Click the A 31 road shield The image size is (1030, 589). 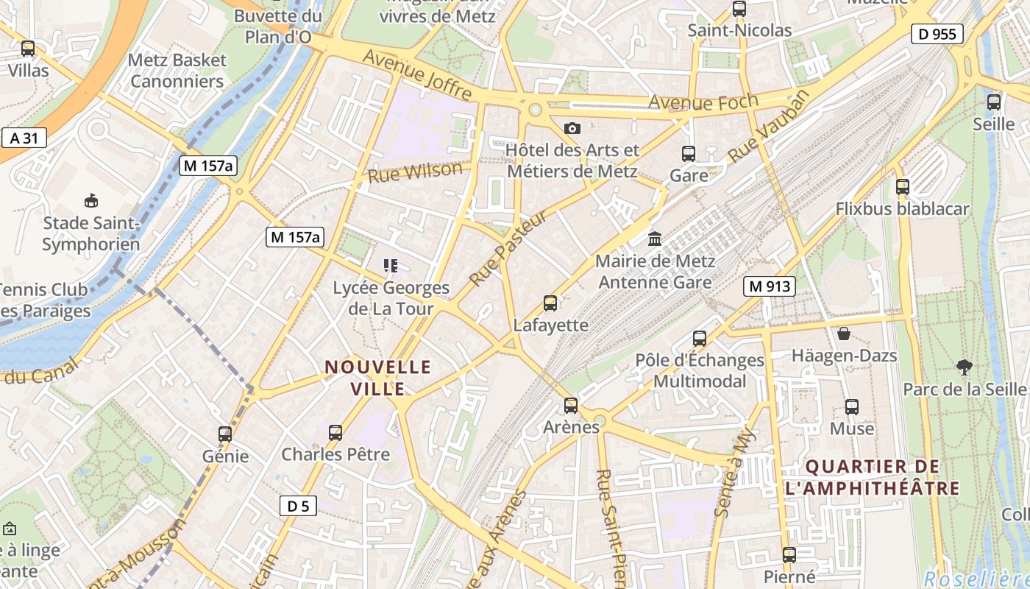[24, 137]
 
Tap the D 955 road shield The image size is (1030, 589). [937, 34]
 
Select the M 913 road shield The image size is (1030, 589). [770, 286]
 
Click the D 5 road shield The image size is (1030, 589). [298, 506]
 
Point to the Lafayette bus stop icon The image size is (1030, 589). [550, 303]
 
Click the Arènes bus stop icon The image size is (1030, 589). [570, 406]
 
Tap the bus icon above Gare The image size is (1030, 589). [689, 154]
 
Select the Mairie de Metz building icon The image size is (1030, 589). [654, 239]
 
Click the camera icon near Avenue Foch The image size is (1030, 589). [572, 129]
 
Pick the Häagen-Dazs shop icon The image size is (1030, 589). [844, 334]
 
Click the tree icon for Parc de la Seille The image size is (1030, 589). [963, 367]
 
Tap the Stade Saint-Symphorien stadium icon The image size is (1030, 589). [90, 201]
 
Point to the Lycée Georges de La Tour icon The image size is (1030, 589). [390, 266]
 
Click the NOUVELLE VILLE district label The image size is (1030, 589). [378, 377]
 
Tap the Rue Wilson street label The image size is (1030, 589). [415, 172]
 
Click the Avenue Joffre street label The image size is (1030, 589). [417, 75]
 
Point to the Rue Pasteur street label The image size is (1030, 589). [508, 248]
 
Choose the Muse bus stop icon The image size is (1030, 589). [851, 407]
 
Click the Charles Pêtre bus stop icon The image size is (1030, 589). [335, 433]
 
